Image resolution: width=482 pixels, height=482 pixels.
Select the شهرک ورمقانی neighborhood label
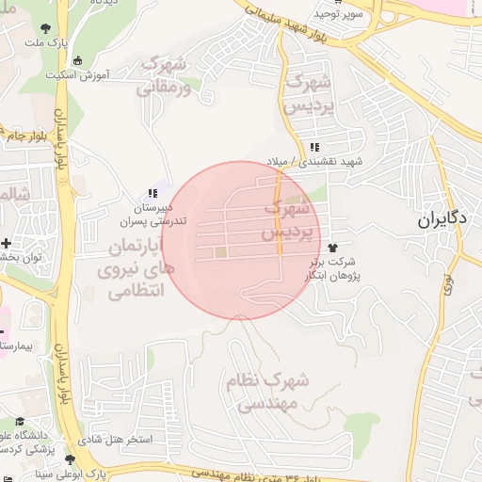click(x=165, y=76)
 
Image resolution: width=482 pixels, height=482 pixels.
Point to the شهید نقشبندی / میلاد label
click(x=327, y=162)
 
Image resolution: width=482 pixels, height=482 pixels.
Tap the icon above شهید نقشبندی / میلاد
click(x=314, y=147)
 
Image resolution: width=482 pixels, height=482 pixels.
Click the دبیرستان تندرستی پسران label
click(x=140, y=214)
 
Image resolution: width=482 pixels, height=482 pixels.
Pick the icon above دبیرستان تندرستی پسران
click(x=153, y=193)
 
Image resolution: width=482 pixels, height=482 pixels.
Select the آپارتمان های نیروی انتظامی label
click(x=131, y=269)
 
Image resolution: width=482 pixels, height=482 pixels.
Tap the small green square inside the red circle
click(x=220, y=251)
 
